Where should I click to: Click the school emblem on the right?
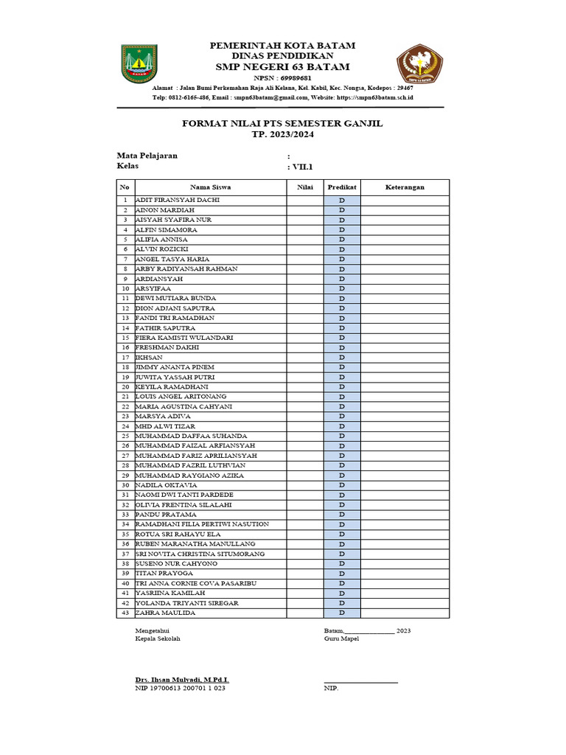coord(421,64)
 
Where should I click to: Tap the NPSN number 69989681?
coord(293,77)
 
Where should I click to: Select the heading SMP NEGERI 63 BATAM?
coord(282,67)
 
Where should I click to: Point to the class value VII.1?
coord(299,167)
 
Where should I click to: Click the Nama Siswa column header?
coord(211,187)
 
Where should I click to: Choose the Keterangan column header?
coord(405,187)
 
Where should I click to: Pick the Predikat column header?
coord(342,187)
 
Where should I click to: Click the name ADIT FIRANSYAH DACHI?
coord(178,201)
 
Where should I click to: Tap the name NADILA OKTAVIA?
coord(166,485)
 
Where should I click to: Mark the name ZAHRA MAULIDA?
coord(166,613)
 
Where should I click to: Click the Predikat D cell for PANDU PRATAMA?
coord(342,515)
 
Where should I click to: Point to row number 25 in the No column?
coord(125,436)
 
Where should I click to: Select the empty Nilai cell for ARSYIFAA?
coord(305,289)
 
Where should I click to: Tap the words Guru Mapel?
coord(341,639)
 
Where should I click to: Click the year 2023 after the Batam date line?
coord(404,630)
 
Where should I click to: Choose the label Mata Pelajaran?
coord(147,156)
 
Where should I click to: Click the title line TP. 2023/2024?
coord(282,134)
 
